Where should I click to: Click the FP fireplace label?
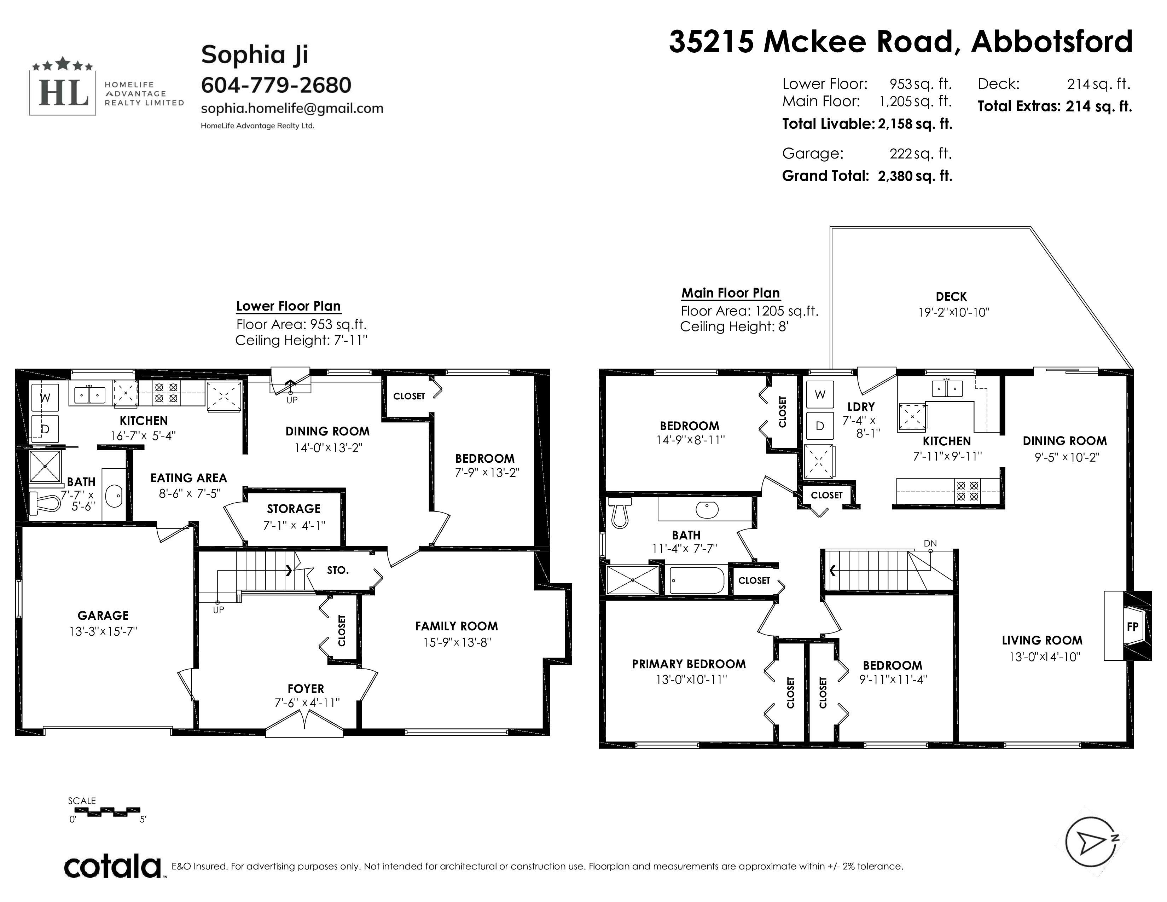(1132, 627)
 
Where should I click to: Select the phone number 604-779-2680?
(276, 85)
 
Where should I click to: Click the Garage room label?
(103, 615)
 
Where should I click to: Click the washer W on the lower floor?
(45, 398)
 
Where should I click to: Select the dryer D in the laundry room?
(820, 426)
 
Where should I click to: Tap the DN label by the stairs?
(930, 543)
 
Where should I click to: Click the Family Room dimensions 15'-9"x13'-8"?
(457, 642)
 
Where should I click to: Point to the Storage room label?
(294, 509)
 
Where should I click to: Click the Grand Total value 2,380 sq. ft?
(915, 176)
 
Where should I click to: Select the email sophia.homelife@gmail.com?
(292, 109)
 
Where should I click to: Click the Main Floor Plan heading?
(731, 293)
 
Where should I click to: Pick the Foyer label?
(306, 689)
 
